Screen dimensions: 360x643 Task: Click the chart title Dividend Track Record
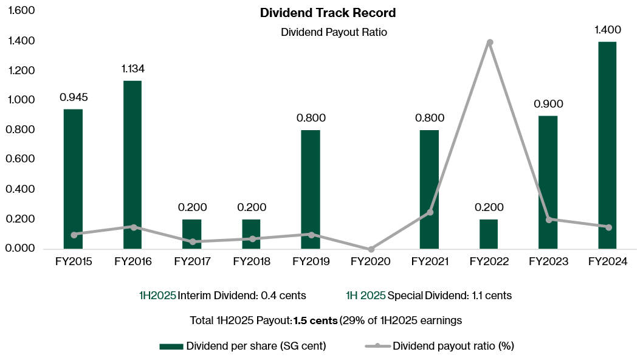coord(328,13)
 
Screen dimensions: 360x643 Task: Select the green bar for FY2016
coord(132,164)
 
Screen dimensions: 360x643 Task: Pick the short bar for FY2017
coord(192,234)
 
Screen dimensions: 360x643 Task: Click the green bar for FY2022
coord(489,234)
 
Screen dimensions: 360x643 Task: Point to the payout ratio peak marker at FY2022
coord(489,43)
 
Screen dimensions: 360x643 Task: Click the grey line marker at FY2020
coord(371,249)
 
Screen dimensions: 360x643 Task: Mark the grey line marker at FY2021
coord(430,212)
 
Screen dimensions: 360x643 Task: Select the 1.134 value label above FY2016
coord(132,69)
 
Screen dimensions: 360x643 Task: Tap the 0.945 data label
coord(74,97)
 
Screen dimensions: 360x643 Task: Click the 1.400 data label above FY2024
coord(607,29)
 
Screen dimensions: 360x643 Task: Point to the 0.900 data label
coord(548,104)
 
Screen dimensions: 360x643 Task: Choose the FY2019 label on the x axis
coord(311,262)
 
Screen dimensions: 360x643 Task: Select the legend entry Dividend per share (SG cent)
coord(256,346)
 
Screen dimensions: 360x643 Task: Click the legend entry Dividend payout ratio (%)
coord(453,346)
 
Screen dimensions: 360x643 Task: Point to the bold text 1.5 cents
coord(315,320)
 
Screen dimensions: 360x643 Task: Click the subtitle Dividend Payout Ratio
coord(334,33)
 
